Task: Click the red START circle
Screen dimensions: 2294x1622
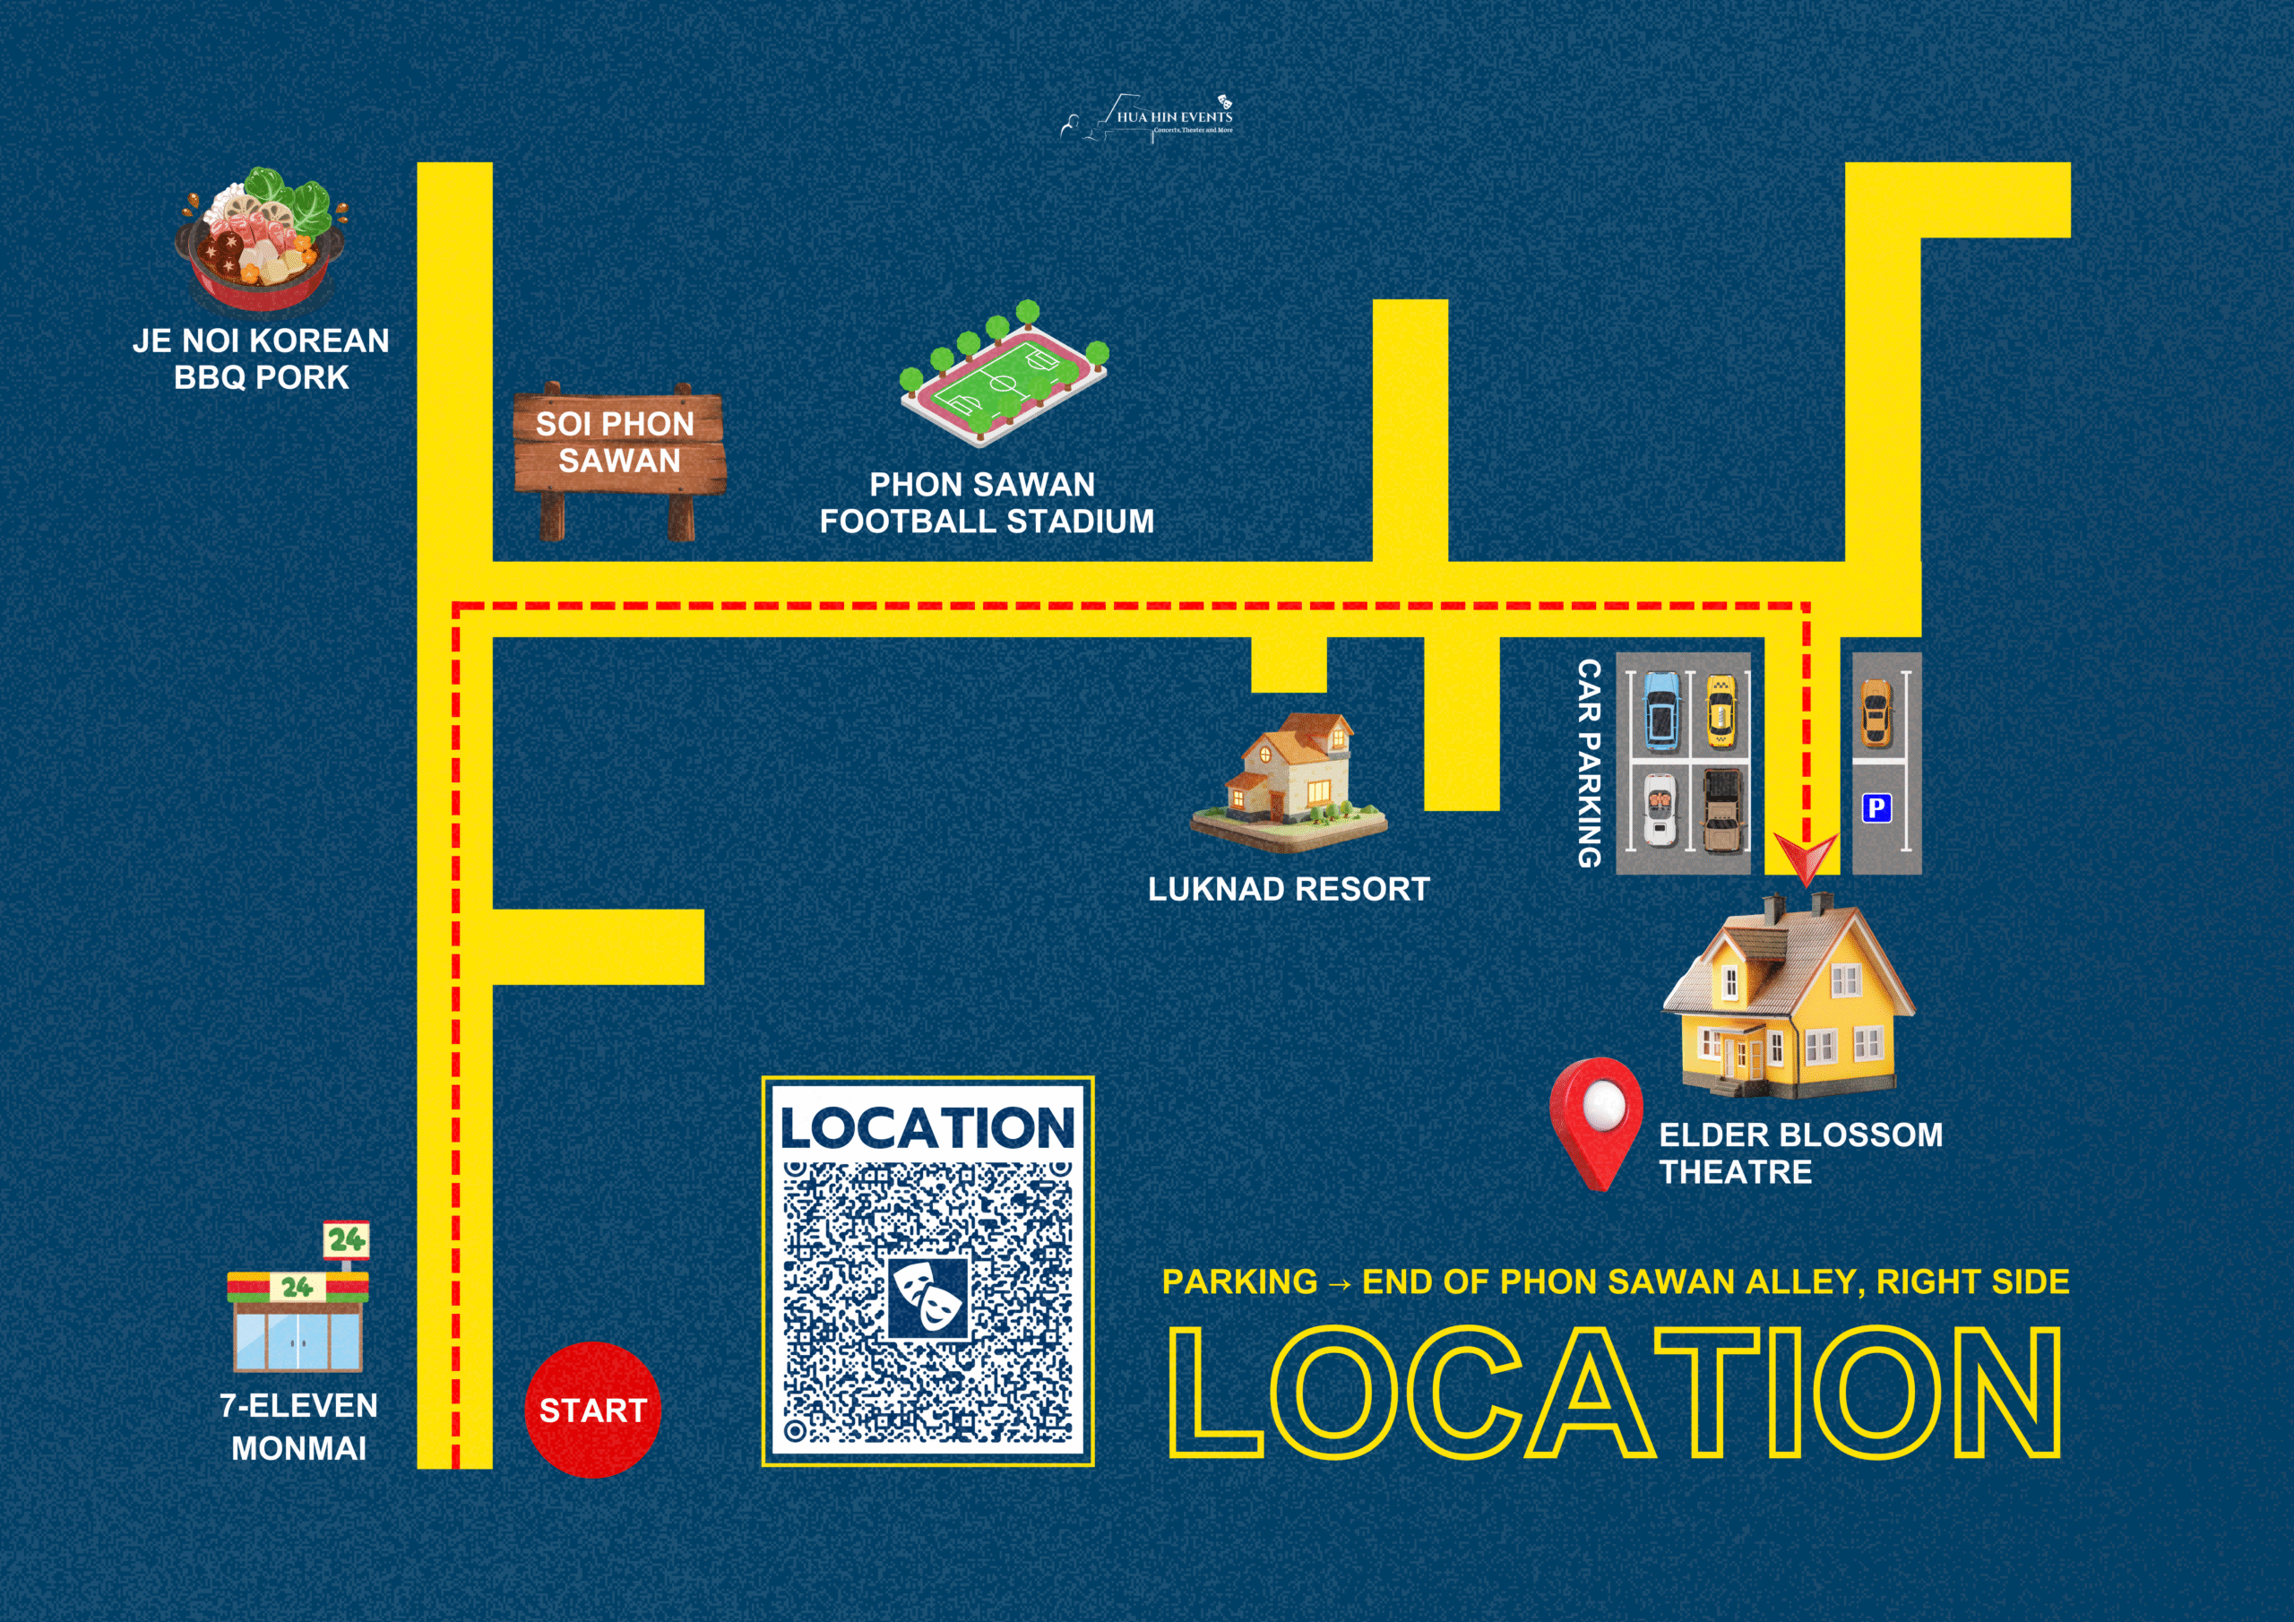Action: [592, 1409]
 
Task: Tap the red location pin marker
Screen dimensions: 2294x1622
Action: [1597, 1121]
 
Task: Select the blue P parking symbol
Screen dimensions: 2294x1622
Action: [1876, 807]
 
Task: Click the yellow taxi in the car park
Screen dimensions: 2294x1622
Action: [1720, 712]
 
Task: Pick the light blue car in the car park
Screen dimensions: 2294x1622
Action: [1660, 712]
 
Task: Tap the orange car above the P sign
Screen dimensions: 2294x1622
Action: [1876, 713]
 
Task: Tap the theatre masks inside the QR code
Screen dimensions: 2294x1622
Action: [928, 1298]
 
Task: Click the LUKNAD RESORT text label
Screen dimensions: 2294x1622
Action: [1288, 890]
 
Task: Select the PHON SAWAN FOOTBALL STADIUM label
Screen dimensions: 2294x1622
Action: [986, 503]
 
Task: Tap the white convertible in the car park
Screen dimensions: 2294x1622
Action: [1660, 808]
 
